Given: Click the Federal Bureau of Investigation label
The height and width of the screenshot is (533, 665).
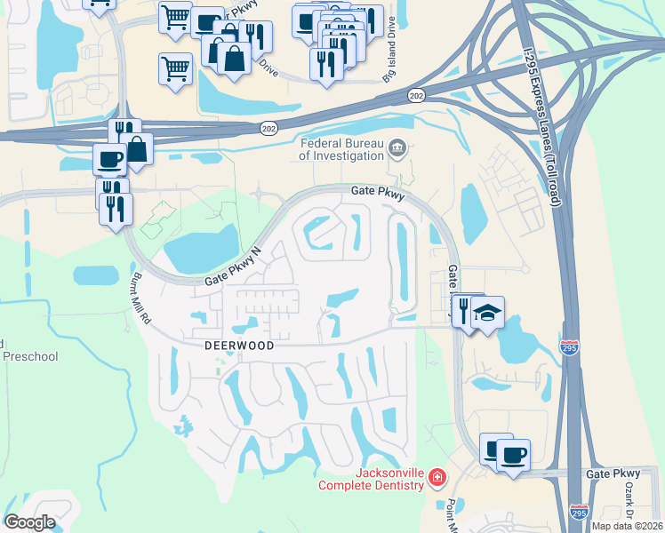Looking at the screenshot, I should pos(341,149).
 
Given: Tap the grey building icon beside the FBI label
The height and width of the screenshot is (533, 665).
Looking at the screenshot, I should pos(398,148).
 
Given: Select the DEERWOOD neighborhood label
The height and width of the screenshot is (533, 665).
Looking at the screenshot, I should pos(226,344).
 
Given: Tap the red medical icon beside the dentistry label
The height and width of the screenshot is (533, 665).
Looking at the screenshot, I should pos(437,478).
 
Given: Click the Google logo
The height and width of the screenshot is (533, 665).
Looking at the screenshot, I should pos(30,521).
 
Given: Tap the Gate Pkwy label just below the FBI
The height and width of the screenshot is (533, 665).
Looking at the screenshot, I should pos(378,192).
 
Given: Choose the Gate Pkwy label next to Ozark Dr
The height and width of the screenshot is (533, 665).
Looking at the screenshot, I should pos(613,475).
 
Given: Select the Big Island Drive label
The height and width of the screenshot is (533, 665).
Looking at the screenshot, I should pos(389,58).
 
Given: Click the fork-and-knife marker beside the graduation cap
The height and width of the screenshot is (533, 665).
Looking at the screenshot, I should pos(465,310).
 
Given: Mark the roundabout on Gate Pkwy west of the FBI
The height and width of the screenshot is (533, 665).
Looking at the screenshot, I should pos(258,192).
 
